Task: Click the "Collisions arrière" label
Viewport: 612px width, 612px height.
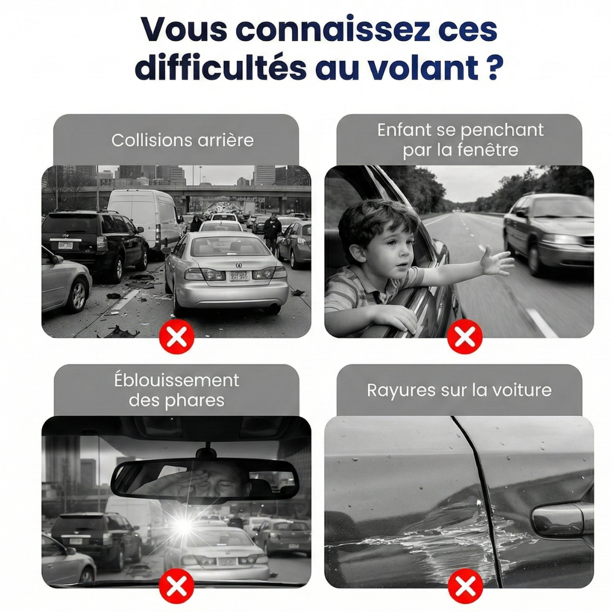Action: pyautogui.click(x=183, y=141)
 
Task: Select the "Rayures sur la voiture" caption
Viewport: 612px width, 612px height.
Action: pyautogui.click(x=459, y=390)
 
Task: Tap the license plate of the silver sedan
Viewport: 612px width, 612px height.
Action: pyautogui.click(x=239, y=275)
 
